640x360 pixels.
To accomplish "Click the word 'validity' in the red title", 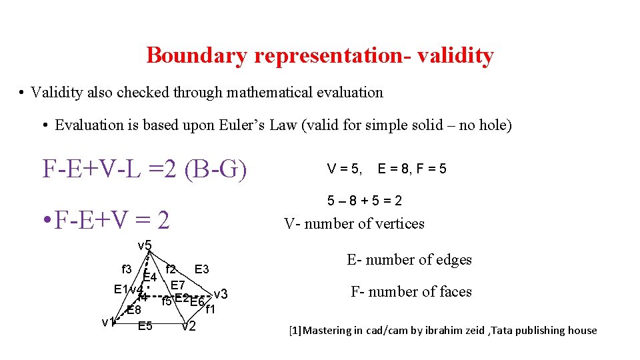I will pyautogui.click(x=455, y=55).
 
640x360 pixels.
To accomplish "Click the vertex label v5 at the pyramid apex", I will pyautogui.click(x=145, y=245).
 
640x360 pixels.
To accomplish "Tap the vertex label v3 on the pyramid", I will pyautogui.click(x=221, y=294).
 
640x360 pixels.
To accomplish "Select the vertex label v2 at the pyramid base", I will pyautogui.click(x=189, y=326).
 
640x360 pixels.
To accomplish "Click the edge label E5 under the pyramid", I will pyautogui.click(x=145, y=326).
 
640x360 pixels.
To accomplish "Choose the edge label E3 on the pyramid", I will pyautogui.click(x=202, y=269).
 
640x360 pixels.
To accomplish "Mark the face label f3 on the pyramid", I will pyautogui.click(x=126, y=269).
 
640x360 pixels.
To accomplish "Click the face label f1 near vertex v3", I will pyautogui.click(x=210, y=309).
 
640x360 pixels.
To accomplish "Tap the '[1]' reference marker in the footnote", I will pyautogui.click(x=295, y=330).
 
